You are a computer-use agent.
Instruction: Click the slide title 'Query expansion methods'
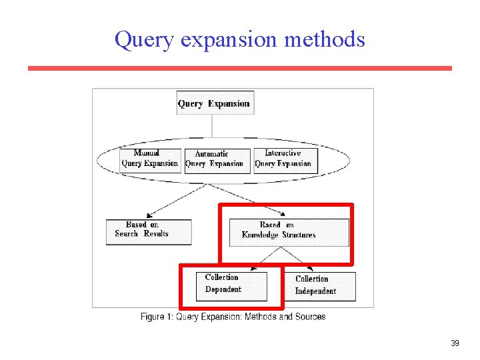point(239,39)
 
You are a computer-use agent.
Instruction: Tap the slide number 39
point(455,343)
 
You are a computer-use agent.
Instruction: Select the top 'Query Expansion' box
point(213,103)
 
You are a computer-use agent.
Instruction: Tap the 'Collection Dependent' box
point(231,285)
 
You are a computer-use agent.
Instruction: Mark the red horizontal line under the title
point(239,68)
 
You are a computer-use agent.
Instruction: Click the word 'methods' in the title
point(325,39)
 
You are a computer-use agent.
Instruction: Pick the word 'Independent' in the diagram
point(315,291)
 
